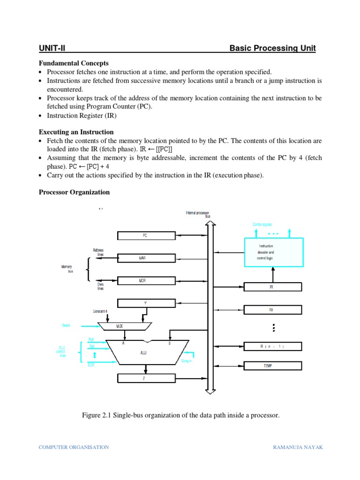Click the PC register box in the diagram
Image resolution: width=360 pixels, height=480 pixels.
click(x=145, y=236)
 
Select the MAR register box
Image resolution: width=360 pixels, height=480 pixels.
click(x=145, y=258)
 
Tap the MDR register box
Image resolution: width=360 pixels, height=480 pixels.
click(x=145, y=280)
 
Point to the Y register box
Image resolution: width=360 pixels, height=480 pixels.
click(x=145, y=303)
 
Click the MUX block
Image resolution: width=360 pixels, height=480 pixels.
click(x=125, y=325)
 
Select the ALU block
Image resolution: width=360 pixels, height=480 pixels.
click(x=143, y=352)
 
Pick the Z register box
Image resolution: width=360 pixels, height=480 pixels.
click(x=145, y=378)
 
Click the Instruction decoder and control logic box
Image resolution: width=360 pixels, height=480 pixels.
click(x=273, y=252)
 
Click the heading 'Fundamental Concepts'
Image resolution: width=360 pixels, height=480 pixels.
click(x=74, y=63)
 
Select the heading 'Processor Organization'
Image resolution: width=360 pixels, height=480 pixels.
click(x=74, y=192)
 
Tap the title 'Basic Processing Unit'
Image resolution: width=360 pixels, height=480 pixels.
click(x=272, y=48)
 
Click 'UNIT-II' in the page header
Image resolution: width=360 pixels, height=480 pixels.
click(x=54, y=48)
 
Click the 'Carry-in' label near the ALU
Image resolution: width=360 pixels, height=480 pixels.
click(x=187, y=361)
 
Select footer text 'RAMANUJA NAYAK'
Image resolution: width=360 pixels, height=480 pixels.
click(x=298, y=447)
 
